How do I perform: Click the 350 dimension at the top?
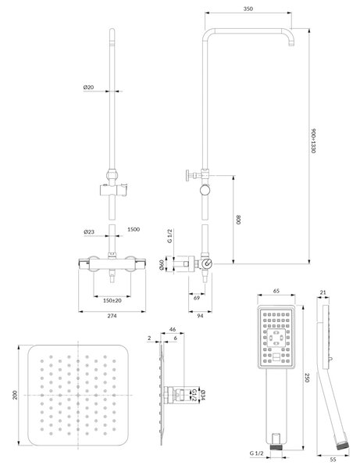248,9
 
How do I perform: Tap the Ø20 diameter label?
88,88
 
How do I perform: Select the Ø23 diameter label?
89,232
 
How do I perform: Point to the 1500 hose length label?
134,229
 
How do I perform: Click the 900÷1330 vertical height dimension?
313,141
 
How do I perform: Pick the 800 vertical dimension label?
238,220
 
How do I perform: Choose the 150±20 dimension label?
112,301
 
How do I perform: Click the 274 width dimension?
112,316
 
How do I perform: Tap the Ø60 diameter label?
162,265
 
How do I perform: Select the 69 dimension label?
197,298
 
